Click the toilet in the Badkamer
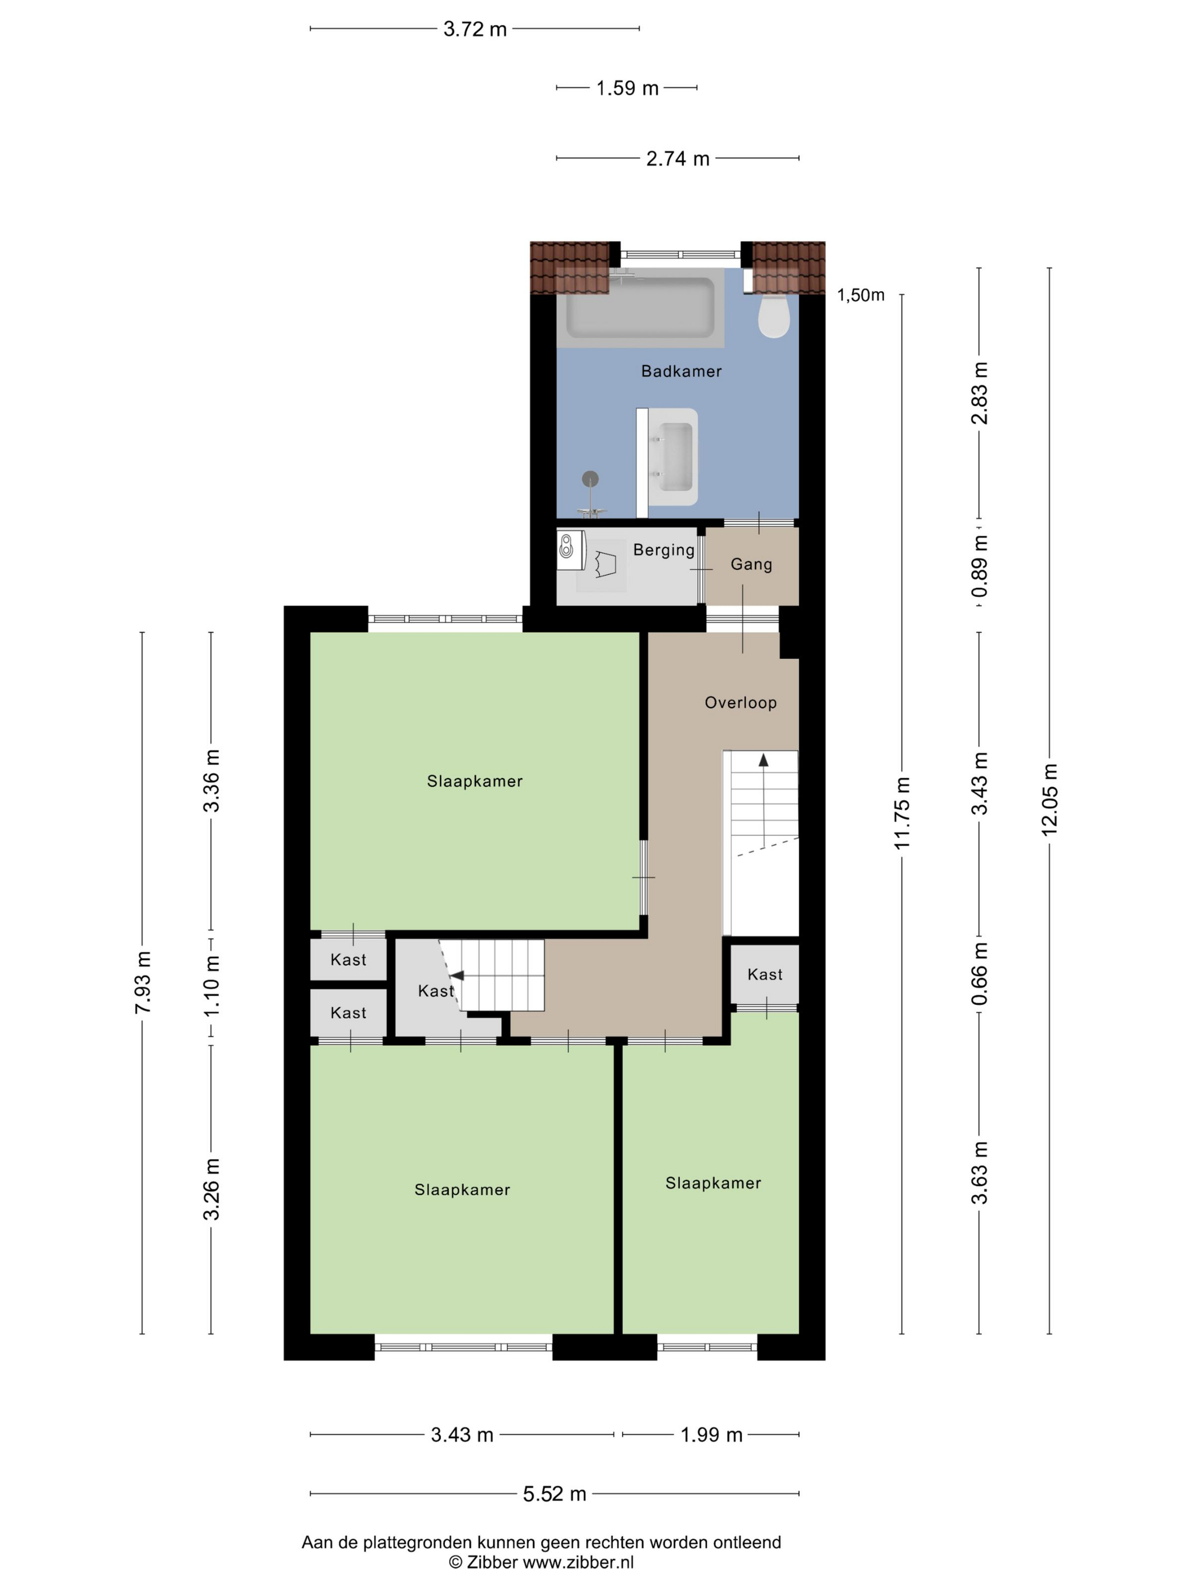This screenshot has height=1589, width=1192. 774,313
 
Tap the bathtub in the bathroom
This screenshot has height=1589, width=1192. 640,308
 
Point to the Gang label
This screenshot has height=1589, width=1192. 752,565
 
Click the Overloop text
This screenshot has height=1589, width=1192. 741,703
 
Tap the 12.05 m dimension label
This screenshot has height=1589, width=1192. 1050,799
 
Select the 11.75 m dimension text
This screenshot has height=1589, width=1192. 902,813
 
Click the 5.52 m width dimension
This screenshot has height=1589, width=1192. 554,1494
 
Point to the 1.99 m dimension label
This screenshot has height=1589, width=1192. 711,1435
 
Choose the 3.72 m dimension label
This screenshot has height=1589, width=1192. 475,29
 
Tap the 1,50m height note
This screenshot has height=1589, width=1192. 861,295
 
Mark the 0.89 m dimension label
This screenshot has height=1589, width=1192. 979,566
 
